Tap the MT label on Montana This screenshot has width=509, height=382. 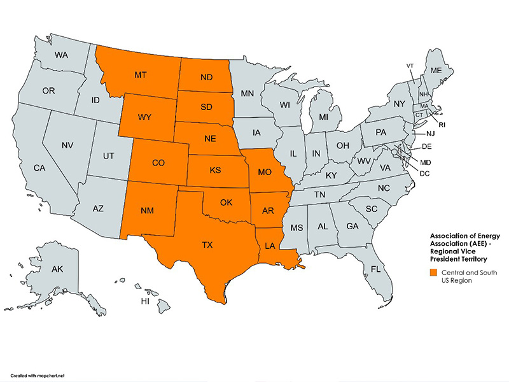pos(142,75)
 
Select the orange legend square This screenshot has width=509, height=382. pos(433,272)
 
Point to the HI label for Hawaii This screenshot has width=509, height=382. pos(145,300)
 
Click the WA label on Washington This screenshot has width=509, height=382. pos(61,55)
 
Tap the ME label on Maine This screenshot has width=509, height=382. pos(436,70)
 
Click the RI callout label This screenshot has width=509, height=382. pos(442,125)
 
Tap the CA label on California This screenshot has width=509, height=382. pos(39,168)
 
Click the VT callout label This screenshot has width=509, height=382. pos(410,66)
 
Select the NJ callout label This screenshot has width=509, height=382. pos(430,134)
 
